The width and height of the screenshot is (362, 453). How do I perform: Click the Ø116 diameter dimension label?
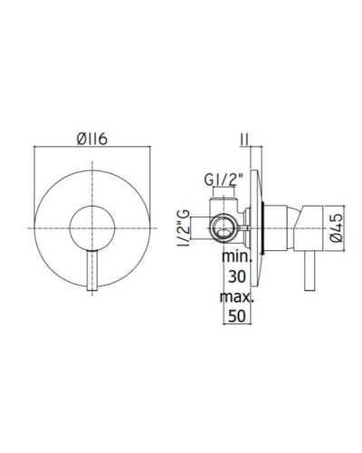94,139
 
